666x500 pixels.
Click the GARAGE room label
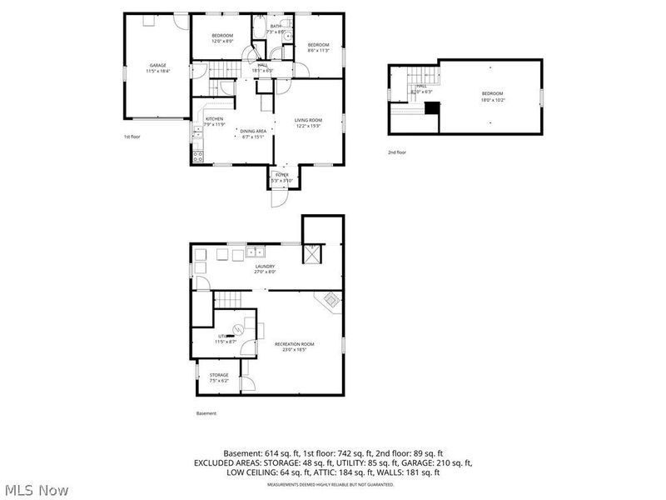coord(157,65)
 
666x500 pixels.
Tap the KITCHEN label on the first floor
coord(215,119)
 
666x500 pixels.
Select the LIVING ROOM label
coord(308,121)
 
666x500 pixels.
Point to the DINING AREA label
coord(252,131)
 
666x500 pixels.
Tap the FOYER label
coord(282,175)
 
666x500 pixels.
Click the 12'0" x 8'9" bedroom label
coord(222,35)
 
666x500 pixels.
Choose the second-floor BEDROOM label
coord(492,93)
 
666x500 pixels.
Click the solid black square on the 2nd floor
coord(431,108)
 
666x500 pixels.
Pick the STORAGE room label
coord(219,375)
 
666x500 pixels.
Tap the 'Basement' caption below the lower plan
coord(206,413)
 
